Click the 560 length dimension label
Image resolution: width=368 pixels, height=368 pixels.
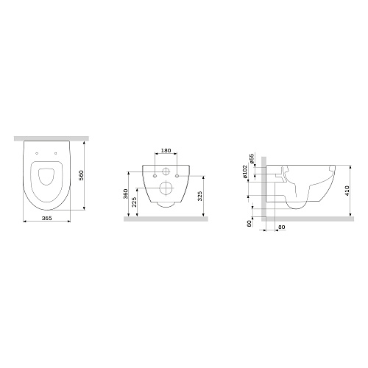[x=82, y=175]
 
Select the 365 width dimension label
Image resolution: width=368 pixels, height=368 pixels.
[x=46, y=218]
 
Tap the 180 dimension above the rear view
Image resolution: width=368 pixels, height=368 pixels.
[x=166, y=150]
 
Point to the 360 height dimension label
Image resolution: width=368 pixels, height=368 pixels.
[x=125, y=194]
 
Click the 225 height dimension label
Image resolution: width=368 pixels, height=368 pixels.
[x=134, y=202]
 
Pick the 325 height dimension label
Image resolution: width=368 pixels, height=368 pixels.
[x=200, y=196]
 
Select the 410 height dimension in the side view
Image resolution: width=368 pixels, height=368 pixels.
[x=347, y=191]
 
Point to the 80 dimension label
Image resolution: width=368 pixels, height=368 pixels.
[x=282, y=227]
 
